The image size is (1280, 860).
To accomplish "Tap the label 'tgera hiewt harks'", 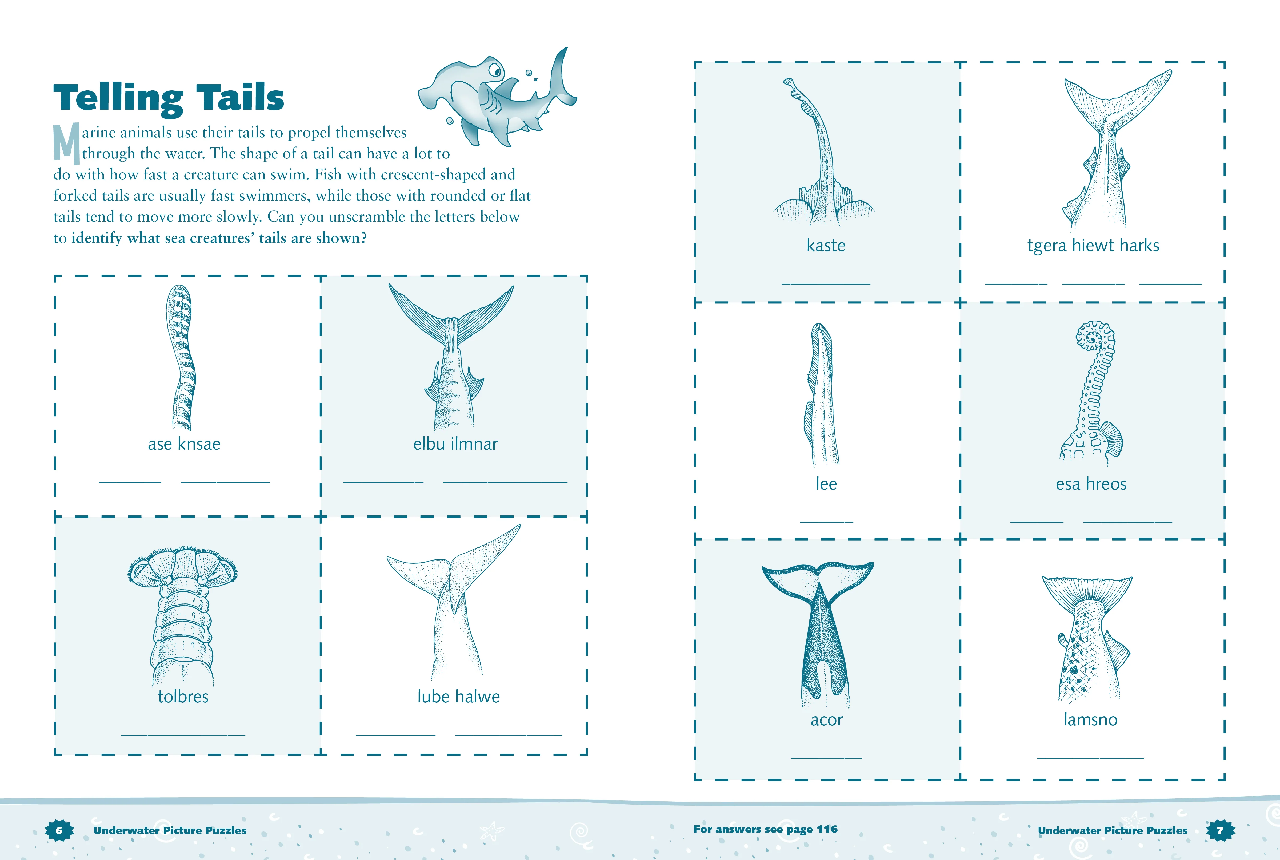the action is [x=1093, y=245].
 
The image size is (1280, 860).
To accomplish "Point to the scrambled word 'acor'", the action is [x=826, y=719].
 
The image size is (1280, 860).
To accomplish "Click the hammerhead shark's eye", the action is [x=495, y=71].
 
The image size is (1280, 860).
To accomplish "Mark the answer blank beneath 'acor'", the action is [x=826, y=758].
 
